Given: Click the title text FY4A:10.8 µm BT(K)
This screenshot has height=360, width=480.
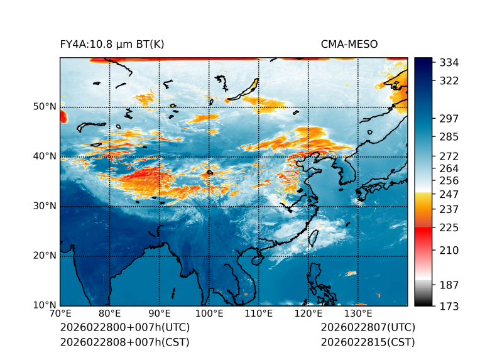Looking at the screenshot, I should coord(112,44).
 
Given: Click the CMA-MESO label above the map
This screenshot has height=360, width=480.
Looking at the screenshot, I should coord(349,44).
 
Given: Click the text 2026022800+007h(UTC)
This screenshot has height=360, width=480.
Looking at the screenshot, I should coord(124,328).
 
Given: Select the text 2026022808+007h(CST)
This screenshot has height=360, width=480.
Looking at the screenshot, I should coord(124,342).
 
